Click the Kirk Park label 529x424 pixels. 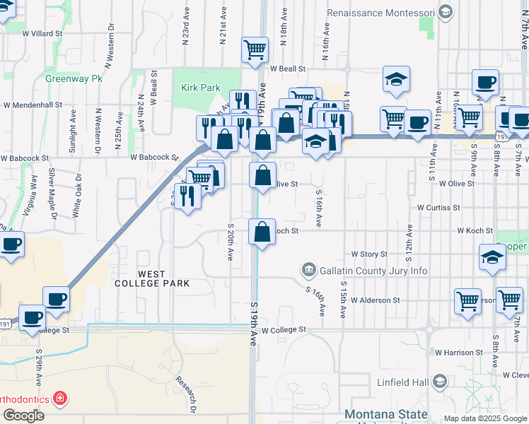point(201,88)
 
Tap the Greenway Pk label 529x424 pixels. point(74,78)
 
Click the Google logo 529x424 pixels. point(23,416)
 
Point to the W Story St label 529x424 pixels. point(369,254)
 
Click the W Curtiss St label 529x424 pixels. point(438,208)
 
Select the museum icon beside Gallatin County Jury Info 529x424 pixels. point(308,270)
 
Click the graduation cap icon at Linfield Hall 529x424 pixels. point(440,382)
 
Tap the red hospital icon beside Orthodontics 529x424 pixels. point(60,399)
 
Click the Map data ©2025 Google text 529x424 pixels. point(486,418)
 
